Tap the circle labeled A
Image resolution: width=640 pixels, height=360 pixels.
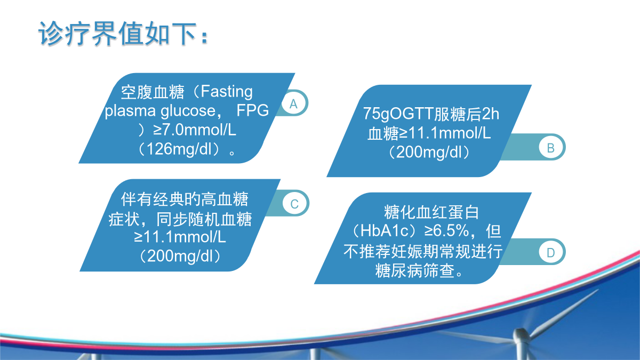coord(293,103)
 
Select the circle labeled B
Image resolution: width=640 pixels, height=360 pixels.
coord(550,148)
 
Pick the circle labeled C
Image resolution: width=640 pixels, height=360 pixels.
coord(294,203)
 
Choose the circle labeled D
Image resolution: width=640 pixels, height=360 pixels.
coord(550,252)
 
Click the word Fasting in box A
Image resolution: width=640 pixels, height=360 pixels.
coord(227,92)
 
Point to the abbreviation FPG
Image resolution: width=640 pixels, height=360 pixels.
coord(253,110)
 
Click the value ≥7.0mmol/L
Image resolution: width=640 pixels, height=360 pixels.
coord(195,130)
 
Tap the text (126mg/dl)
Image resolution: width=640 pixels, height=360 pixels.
coord(180,149)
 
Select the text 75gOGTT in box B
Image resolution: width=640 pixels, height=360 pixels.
coord(398,114)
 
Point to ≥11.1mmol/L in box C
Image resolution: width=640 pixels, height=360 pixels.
coord(180,237)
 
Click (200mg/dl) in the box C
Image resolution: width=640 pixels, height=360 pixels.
coord(180,256)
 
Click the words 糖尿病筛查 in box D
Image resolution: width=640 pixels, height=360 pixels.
coord(414,270)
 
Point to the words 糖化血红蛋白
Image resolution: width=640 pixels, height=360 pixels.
coord(431,212)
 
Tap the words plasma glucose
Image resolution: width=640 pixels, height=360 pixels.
coord(160,111)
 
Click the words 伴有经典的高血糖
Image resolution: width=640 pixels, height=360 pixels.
coord(185,199)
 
